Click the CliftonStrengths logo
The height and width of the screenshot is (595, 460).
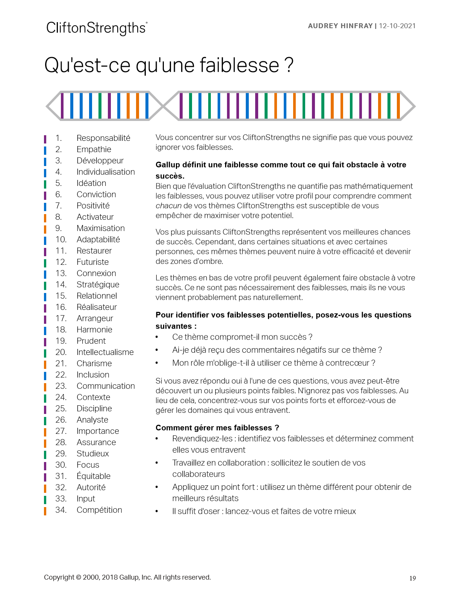(97, 28)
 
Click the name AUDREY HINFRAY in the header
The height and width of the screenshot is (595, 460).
(340, 26)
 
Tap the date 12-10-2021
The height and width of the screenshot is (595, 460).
(397, 26)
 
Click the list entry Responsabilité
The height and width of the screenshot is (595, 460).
(103, 138)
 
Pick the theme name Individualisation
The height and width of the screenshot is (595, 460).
(106, 172)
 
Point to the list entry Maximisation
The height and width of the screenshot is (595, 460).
(101, 228)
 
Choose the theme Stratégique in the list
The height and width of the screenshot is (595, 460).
(98, 285)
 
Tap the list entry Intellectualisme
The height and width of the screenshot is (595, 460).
(105, 352)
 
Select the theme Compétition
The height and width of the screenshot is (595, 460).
(99, 510)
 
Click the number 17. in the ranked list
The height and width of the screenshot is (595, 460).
(61, 319)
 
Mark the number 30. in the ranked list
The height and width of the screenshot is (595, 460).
(61, 465)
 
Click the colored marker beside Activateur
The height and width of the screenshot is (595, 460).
(45, 217)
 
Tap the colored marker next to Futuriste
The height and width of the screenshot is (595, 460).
(45, 263)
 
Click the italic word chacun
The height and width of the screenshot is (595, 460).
(168, 206)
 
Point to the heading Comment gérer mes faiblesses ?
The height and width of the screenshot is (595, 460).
(217, 428)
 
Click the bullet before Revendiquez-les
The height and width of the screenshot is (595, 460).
(157, 439)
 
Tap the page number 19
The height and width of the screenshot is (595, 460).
(413, 578)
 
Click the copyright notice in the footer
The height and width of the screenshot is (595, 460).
(127, 577)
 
